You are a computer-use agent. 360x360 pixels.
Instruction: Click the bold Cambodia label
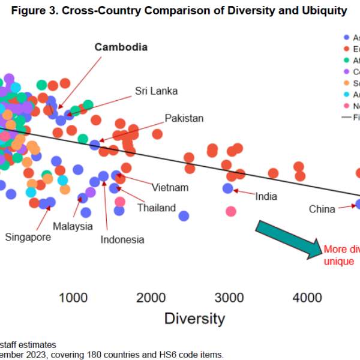(x=121, y=47)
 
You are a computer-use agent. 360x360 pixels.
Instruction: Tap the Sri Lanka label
(x=156, y=91)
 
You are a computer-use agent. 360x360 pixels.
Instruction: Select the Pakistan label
(x=184, y=118)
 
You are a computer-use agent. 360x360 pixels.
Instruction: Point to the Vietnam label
(x=170, y=187)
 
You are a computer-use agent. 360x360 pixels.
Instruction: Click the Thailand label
(x=156, y=208)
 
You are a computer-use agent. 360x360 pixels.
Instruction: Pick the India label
(x=266, y=196)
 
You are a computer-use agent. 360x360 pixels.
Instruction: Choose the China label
(x=322, y=209)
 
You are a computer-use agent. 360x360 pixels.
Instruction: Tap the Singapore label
(x=28, y=237)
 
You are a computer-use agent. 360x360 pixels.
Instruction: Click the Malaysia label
(x=73, y=226)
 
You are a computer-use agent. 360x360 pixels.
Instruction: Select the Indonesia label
(x=122, y=239)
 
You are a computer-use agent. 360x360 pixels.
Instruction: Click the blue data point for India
(x=228, y=188)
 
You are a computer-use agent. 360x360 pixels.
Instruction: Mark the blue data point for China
(x=358, y=204)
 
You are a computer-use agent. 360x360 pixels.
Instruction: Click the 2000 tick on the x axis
(x=151, y=297)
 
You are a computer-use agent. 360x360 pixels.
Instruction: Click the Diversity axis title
(x=195, y=318)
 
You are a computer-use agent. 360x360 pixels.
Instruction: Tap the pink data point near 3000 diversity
(x=231, y=211)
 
